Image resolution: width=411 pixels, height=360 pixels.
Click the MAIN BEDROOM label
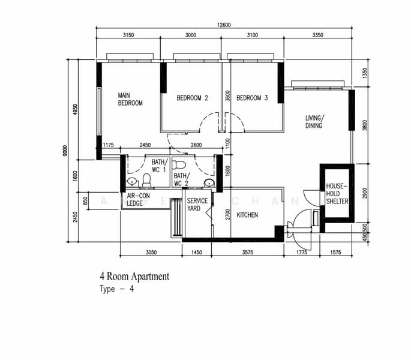point(130,99)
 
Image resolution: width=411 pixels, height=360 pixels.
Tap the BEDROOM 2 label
point(193,98)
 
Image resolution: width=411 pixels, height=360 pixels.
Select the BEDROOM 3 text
point(252,98)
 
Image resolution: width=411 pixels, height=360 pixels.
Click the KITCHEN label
point(247,215)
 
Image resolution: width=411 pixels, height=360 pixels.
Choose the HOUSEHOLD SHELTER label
point(337,194)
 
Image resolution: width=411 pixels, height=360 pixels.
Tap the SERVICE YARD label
point(197,205)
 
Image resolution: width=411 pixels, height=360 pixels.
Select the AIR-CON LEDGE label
point(138,200)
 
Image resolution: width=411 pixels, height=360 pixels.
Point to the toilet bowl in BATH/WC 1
point(146,181)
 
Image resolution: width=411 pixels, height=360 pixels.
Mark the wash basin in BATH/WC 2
point(209,183)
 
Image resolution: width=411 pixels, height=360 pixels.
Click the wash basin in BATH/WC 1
point(132,181)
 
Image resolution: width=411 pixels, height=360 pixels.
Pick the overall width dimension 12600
point(224,25)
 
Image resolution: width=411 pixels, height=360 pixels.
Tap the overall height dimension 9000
point(65,151)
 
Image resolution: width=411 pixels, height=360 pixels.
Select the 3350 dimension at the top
point(317,35)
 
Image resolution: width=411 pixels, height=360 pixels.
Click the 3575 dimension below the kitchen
point(247,252)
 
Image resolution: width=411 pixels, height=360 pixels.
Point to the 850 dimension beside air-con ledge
point(85,201)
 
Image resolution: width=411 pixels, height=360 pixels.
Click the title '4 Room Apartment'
point(134,277)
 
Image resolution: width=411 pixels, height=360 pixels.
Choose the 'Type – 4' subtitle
point(116,289)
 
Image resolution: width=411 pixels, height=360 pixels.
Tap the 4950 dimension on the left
point(75,110)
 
